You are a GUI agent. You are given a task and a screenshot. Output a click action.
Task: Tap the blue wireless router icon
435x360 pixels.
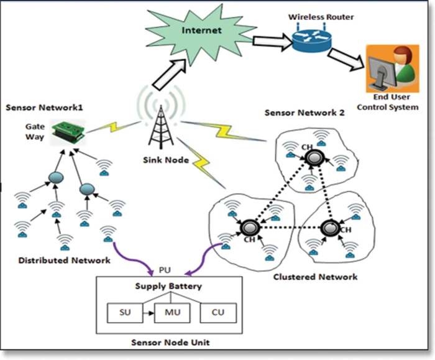pyautogui.click(x=309, y=41)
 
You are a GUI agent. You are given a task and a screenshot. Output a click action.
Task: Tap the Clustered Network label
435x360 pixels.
pyautogui.click(x=315, y=276)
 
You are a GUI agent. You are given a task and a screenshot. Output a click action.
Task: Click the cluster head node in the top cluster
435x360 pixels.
pyautogui.click(x=312, y=158)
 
